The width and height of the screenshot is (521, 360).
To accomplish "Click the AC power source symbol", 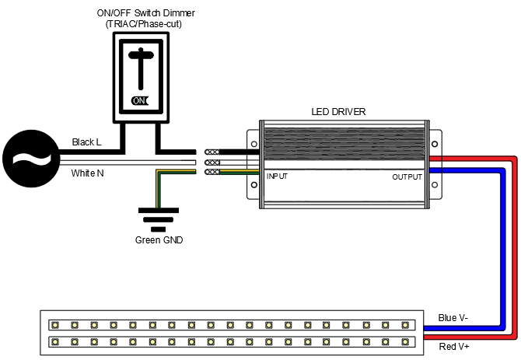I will pyautogui.click(x=30, y=159).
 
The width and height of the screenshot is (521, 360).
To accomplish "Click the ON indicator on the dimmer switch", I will pyautogui.click(x=140, y=100).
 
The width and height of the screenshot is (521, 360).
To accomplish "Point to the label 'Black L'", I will pyautogui.click(x=86, y=142).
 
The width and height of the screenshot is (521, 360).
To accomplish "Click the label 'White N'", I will pyautogui.click(x=87, y=173).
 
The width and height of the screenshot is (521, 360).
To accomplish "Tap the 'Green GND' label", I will pyautogui.click(x=159, y=240).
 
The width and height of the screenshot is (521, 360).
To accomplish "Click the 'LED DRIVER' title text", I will pyautogui.click(x=338, y=112).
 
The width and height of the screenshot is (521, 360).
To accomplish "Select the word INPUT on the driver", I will pyautogui.click(x=278, y=177).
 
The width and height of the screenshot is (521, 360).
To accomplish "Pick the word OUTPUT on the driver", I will pyautogui.click(x=407, y=177).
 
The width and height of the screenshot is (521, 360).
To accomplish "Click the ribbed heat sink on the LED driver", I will pyautogui.click(x=343, y=146).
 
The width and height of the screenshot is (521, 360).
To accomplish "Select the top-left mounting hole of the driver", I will pyautogui.click(x=254, y=143).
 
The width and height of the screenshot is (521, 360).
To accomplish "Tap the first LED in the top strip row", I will pyautogui.click(x=55, y=324).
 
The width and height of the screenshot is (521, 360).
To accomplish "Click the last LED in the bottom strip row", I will pyautogui.click(x=405, y=341).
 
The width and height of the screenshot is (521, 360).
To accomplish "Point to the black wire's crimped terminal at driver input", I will pyautogui.click(x=211, y=152).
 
